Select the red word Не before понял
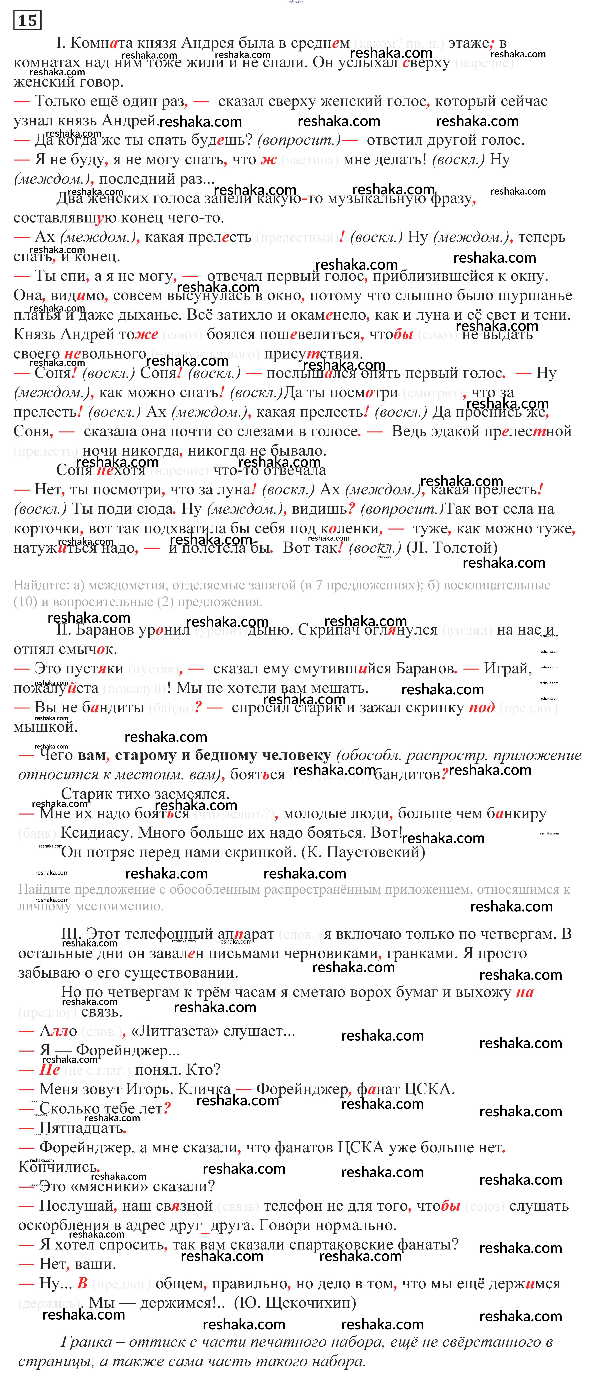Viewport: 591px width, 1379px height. click(x=49, y=1070)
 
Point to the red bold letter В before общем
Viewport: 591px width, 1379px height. click(x=82, y=1283)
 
